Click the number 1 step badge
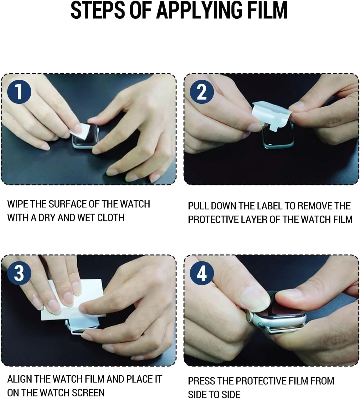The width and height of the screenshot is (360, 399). pos(19,91)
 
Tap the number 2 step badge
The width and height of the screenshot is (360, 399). pos(202,92)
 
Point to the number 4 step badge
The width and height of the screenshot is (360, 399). pos(202,273)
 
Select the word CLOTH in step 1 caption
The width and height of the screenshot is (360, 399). pos(111,218)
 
